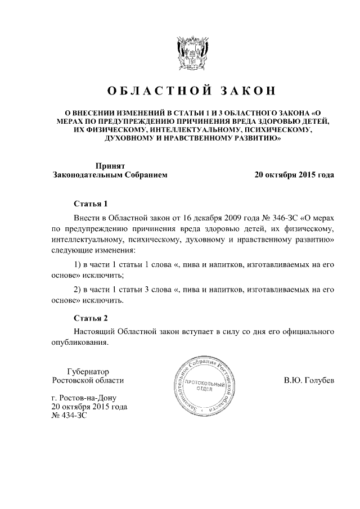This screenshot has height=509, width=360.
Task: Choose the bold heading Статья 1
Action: (91, 204)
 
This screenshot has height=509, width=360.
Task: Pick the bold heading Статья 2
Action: (91, 318)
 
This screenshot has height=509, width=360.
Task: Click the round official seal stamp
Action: (203, 390)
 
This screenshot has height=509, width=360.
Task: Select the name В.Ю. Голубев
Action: (309, 381)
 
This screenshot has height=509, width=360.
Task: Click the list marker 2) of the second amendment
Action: (78, 290)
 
